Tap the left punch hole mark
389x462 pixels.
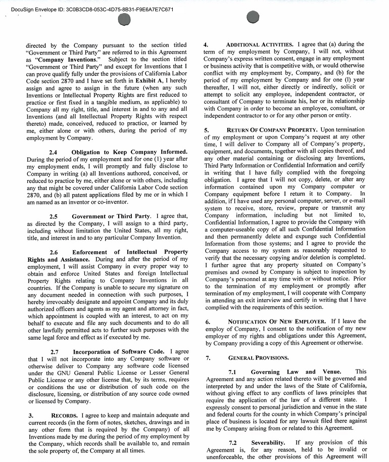(124, 20)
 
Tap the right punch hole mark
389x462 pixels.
(253, 18)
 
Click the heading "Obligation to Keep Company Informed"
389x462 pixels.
(129, 152)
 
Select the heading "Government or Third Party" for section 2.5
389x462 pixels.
(111, 216)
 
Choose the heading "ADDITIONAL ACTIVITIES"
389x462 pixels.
(259, 44)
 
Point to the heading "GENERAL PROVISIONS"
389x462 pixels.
(258, 358)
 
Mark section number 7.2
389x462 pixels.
(232, 443)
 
